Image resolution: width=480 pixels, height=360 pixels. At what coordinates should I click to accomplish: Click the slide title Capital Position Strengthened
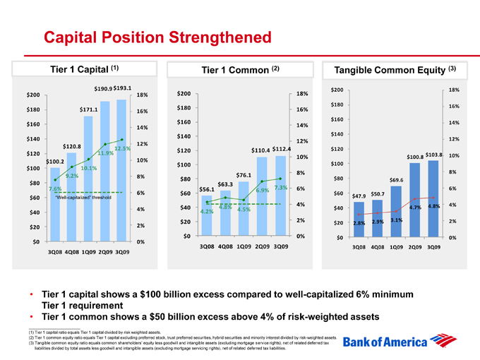pos(157,36)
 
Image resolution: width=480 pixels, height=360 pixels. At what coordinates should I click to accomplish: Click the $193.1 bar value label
pos(123,88)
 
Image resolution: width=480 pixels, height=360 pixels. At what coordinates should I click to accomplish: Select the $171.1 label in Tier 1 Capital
pos(88,109)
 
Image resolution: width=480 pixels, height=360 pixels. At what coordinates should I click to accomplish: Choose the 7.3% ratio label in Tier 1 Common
pos(281,187)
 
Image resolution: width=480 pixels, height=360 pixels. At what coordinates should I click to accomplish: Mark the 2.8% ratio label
pos(359,223)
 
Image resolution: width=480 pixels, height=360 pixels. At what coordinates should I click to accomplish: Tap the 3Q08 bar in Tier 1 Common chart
pos(207,215)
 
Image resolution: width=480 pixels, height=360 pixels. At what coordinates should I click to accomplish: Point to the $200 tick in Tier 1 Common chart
pos(184,94)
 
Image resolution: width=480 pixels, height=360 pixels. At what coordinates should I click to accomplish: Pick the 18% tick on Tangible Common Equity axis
pos(454,90)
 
